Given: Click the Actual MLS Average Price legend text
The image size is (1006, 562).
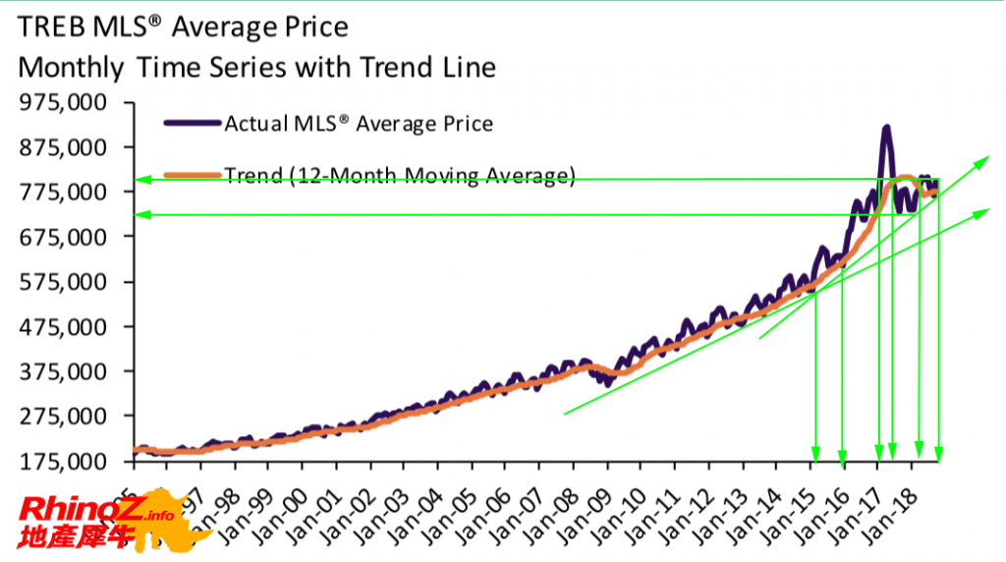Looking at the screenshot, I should click(x=359, y=124).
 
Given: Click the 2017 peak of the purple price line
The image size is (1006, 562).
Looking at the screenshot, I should click(x=886, y=128).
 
